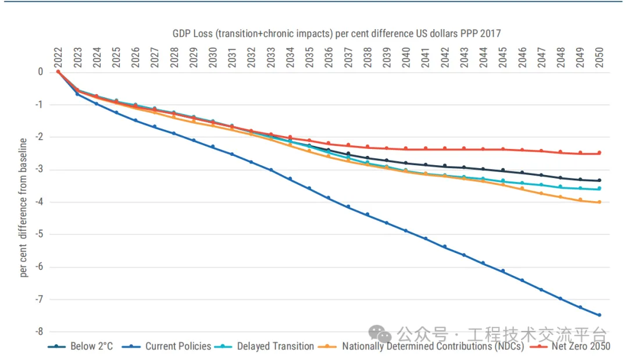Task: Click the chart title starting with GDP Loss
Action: [x=336, y=34]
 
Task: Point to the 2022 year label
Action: [x=58, y=56]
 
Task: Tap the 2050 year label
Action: [x=599, y=56]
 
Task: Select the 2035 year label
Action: [x=309, y=56]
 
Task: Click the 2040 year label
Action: [x=406, y=56]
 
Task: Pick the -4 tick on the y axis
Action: [x=40, y=202]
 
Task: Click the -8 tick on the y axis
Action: [x=40, y=332]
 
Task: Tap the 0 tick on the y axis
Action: [x=41, y=72]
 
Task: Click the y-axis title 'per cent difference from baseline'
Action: [x=24, y=208]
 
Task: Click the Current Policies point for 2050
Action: [x=599, y=315]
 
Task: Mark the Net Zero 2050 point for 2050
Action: [x=599, y=153]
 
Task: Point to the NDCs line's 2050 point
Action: [x=599, y=202]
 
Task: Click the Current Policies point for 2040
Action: [x=406, y=231]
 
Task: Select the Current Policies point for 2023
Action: [x=77, y=94]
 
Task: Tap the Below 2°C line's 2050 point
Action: [x=599, y=180]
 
